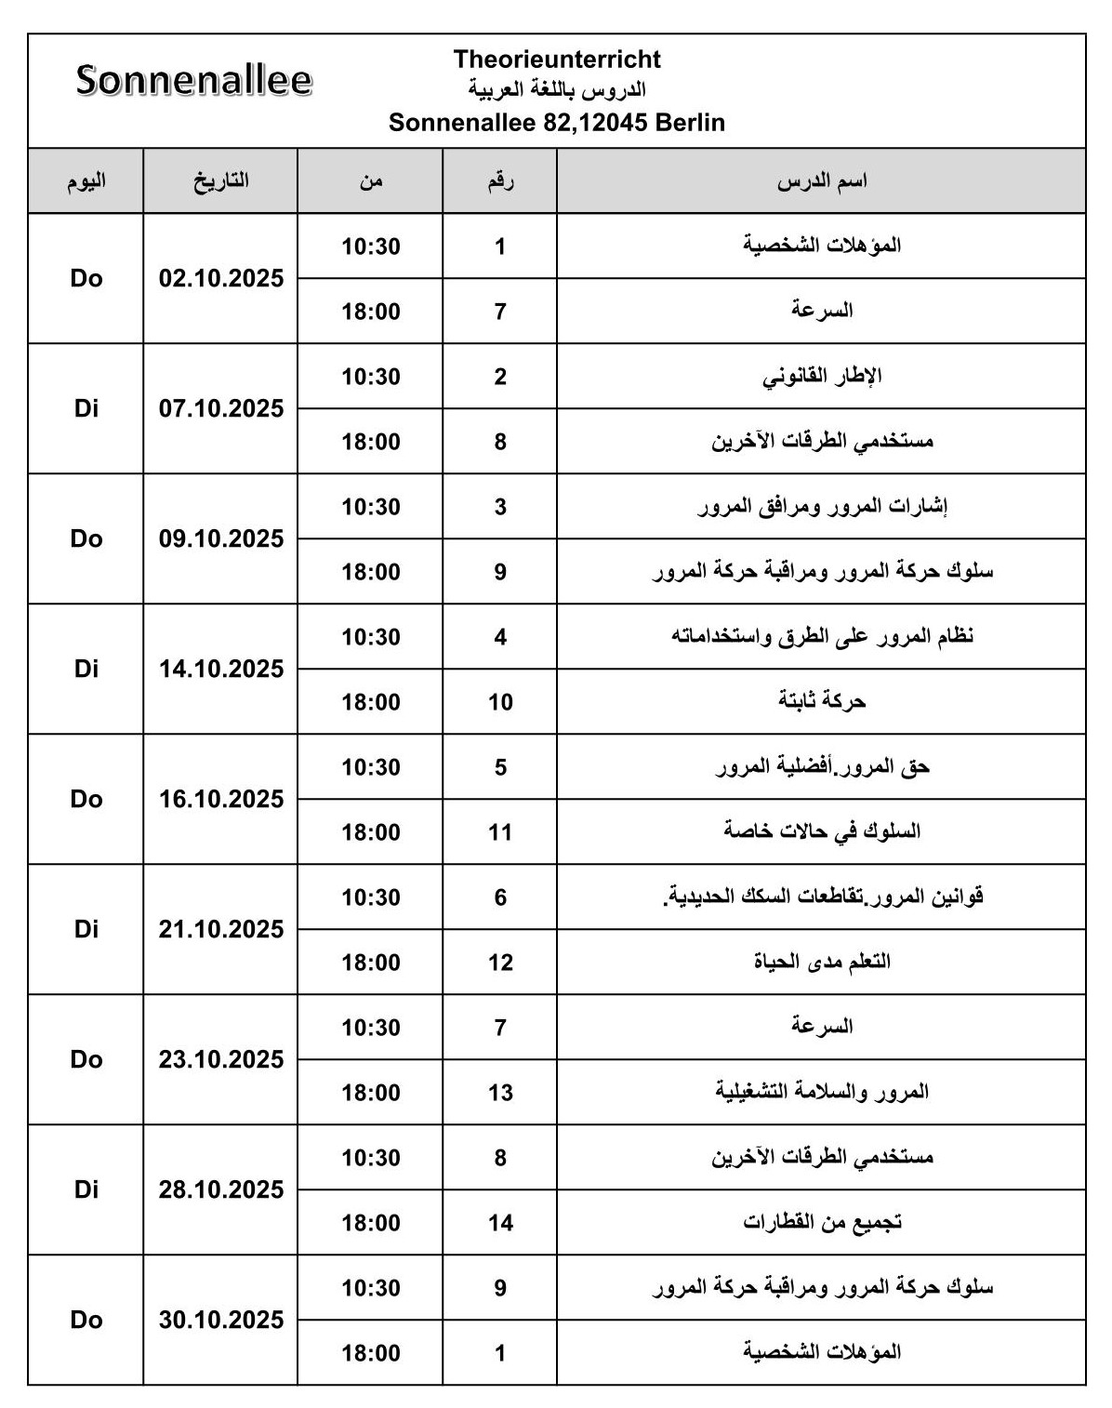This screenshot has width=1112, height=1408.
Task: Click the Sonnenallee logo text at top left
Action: click(193, 81)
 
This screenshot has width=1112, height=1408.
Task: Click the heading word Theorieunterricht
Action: click(557, 60)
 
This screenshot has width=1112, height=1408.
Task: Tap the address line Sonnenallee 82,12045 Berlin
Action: click(557, 123)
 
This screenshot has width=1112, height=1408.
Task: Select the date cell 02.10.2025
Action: click(221, 279)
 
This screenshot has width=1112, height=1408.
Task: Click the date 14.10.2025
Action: click(221, 670)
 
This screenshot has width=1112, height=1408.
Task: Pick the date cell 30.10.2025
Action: click(221, 1321)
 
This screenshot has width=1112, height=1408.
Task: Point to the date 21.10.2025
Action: click(221, 930)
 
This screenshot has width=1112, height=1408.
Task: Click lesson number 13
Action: click(500, 1093)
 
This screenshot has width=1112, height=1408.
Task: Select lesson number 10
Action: click(500, 702)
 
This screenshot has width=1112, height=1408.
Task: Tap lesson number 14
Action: click(500, 1223)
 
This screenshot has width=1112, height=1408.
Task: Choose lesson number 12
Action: click(500, 963)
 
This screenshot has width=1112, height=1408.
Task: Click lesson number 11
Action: click(500, 832)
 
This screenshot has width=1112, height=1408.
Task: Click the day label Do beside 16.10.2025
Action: click(86, 800)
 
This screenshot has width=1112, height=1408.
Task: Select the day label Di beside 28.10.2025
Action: click(86, 1190)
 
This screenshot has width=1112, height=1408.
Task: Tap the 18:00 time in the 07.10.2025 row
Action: click(371, 442)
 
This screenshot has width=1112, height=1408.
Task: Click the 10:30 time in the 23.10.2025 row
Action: click(371, 1028)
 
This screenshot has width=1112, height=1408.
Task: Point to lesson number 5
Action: click(500, 767)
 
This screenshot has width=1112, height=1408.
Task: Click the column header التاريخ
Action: click(221, 181)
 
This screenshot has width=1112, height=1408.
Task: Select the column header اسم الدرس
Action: click(822, 181)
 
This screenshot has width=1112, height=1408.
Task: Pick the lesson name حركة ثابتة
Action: click(822, 701)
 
